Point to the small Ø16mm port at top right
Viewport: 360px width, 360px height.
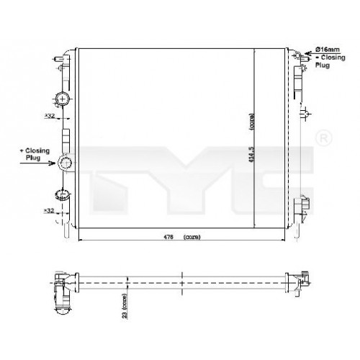tap(297, 55)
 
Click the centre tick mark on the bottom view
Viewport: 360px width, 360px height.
tap(184, 277)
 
